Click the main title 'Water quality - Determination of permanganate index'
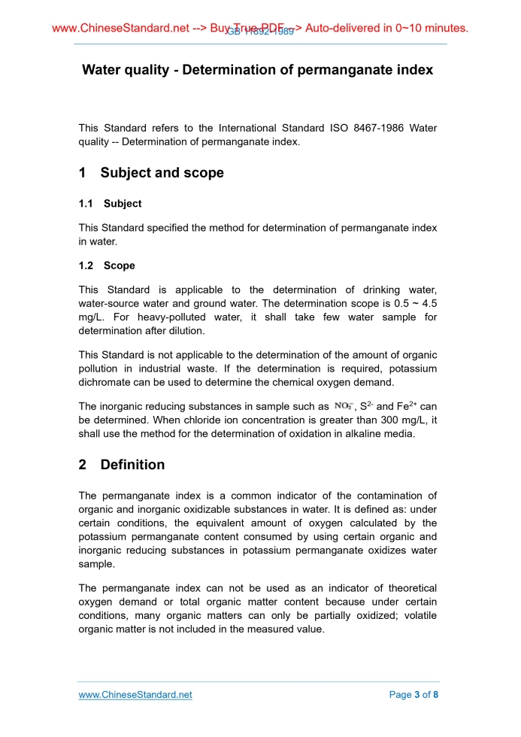click(x=257, y=70)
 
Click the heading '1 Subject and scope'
click(x=151, y=173)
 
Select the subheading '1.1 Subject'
click(x=111, y=204)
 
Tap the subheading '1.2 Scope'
click(x=107, y=265)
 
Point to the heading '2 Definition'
click(x=122, y=465)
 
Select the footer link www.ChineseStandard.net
click(x=135, y=695)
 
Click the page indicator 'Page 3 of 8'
click(x=413, y=695)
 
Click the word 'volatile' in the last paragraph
click(x=420, y=615)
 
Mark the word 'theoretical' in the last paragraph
click(x=409, y=588)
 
